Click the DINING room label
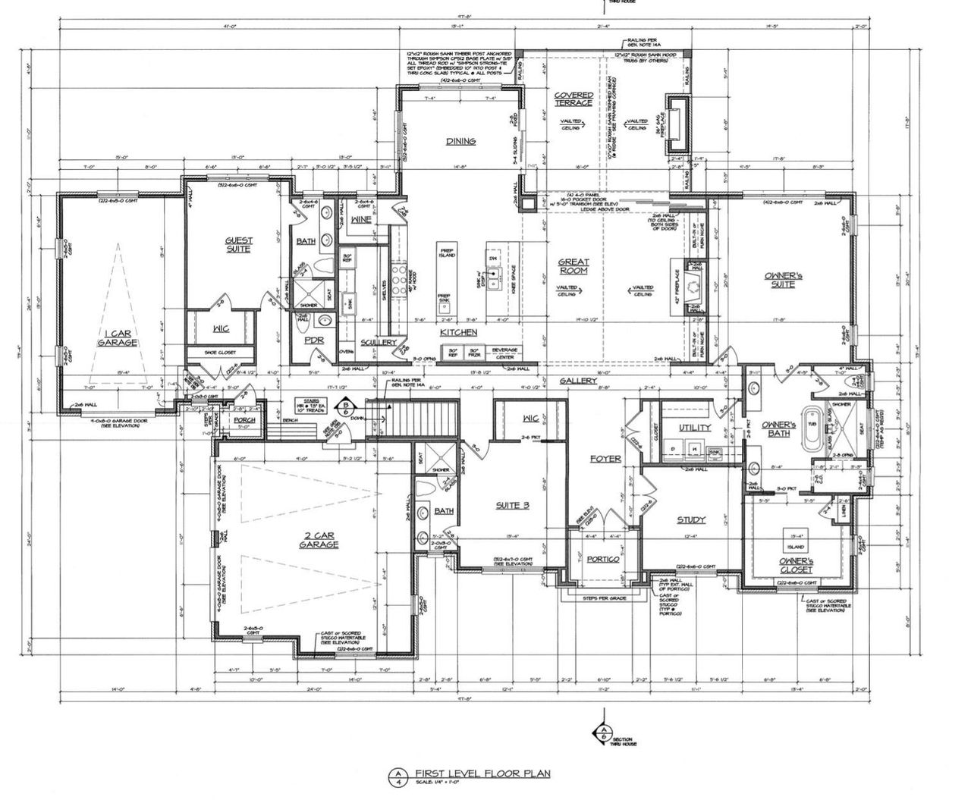tap(460, 141)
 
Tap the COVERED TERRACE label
tap(573, 99)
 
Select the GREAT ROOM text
tap(573, 266)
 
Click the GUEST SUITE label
tap(239, 244)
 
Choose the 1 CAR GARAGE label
tap(118, 337)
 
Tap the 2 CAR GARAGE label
tap(319, 539)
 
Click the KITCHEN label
tap(459, 332)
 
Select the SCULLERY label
tap(379, 342)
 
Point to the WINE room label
tap(360, 220)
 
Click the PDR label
tap(314, 340)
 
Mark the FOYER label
tap(605, 459)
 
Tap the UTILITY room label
tap(694, 428)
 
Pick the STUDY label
tap(691, 519)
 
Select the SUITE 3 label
tap(512, 505)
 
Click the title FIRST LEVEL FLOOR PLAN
tap(482, 773)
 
